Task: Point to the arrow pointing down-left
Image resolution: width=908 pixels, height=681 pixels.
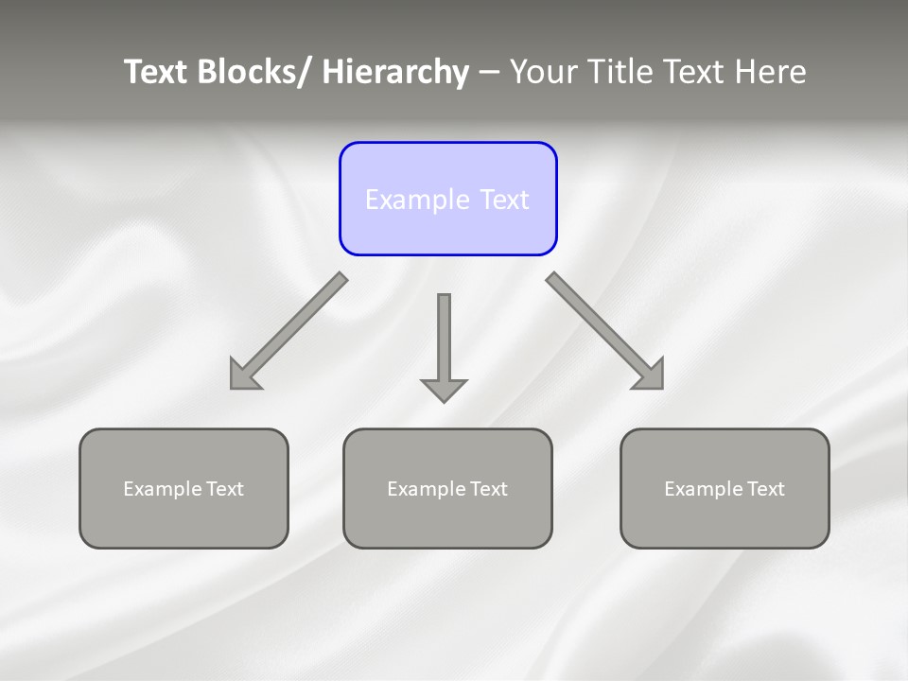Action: click(x=288, y=331)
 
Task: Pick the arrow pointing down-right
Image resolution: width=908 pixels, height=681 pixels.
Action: click(x=605, y=331)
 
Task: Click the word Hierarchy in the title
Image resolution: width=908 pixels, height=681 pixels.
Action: click(x=395, y=72)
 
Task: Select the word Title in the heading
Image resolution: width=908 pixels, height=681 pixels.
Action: click(x=620, y=72)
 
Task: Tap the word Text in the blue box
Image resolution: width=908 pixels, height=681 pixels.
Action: click(x=504, y=200)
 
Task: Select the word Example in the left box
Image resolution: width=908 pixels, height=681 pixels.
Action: click(x=163, y=489)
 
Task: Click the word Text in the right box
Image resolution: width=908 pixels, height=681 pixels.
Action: click(x=764, y=489)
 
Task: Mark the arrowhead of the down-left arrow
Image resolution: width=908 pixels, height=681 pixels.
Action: click(x=241, y=376)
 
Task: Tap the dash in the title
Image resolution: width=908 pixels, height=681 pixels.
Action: click(x=489, y=73)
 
